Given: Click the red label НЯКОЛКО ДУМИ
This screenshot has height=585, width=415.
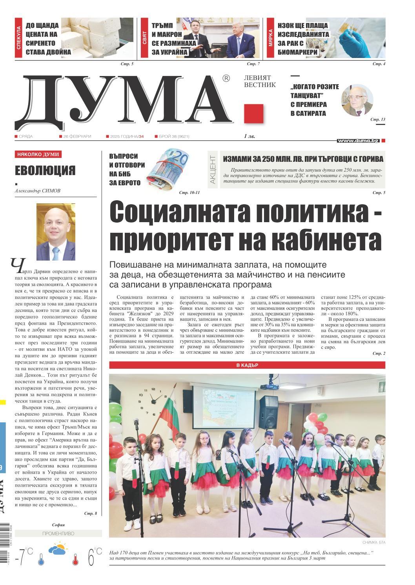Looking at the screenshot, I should click(x=38, y=154).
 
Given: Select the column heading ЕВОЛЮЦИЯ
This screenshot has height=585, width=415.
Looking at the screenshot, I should click(x=45, y=171).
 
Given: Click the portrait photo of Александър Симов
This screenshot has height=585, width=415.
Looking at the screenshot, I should click(x=56, y=232).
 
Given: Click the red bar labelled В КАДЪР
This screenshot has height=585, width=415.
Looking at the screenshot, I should click(x=247, y=365).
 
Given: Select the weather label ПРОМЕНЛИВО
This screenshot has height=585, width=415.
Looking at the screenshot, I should click(x=58, y=534).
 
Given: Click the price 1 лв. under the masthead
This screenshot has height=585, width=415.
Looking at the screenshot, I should click(x=249, y=136).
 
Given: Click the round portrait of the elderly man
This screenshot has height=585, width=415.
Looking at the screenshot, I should click(x=357, y=100).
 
